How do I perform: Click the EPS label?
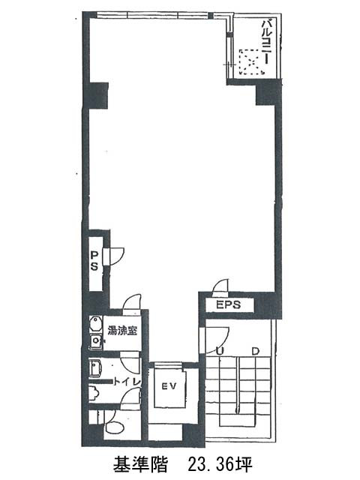pyautogui.click(x=228, y=305)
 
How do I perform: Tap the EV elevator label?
pyautogui.click(x=169, y=386)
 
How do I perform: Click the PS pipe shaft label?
pyautogui.click(x=94, y=260)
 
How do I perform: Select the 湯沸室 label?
pyautogui.click(x=121, y=331)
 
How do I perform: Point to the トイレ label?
pyautogui.click(x=127, y=382)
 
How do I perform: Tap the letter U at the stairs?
pyautogui.click(x=219, y=352)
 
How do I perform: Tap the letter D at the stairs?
pyautogui.click(x=255, y=352)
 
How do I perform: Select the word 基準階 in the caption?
pyautogui.click(x=140, y=465)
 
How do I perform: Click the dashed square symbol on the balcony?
pyautogui.click(x=252, y=61)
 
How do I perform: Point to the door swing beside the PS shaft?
pyautogui.click(x=117, y=256)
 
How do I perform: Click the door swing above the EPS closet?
pyautogui.click(x=221, y=286)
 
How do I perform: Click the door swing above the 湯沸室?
pyautogui.click(x=132, y=303)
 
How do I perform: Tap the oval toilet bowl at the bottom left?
pyautogui.click(x=114, y=427)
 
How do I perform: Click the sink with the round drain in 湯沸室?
pyautogui.click(x=95, y=340)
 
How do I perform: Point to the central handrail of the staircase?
pyautogui.click(x=238, y=385)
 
